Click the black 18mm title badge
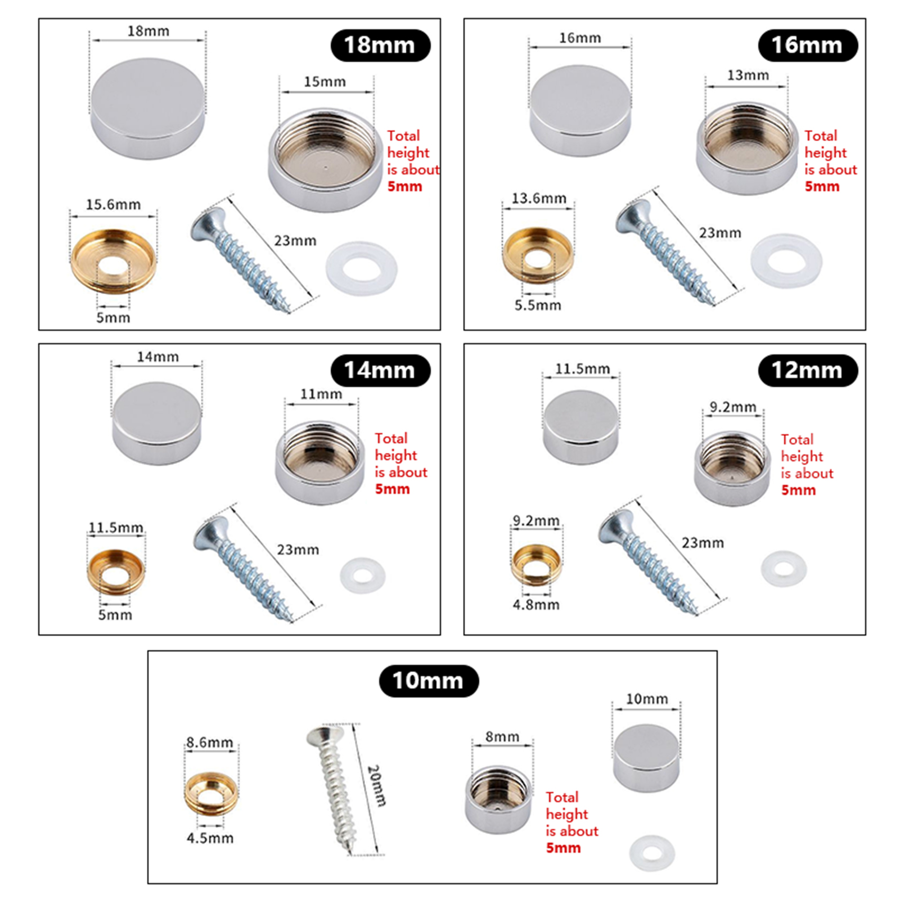click(x=380, y=46)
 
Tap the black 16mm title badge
click(x=808, y=46)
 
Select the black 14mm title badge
click(x=380, y=371)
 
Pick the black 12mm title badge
click(x=808, y=371)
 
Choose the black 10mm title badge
click(x=429, y=681)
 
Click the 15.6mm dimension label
click(x=113, y=205)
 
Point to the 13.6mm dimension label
click(x=538, y=199)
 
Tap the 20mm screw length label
click(x=376, y=785)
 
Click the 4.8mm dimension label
click(x=536, y=605)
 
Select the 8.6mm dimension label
click(x=209, y=742)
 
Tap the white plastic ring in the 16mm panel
click(x=786, y=261)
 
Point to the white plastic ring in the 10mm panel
click(x=652, y=853)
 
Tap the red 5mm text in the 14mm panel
click(x=393, y=489)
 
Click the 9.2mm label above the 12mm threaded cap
click(x=733, y=407)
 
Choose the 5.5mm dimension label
click(x=538, y=305)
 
